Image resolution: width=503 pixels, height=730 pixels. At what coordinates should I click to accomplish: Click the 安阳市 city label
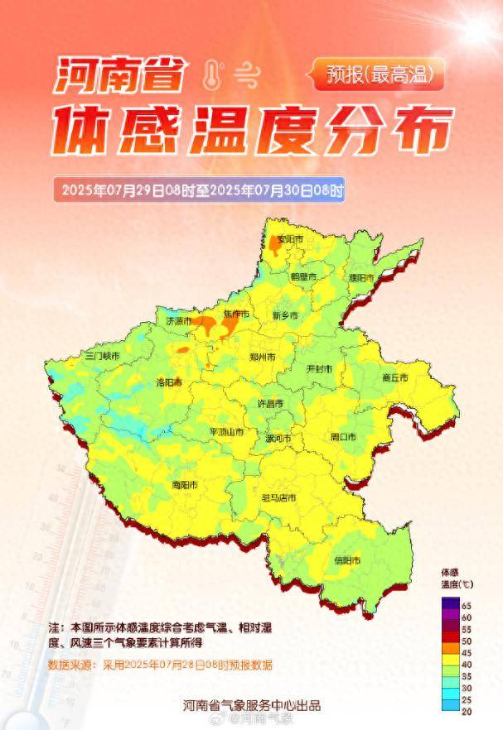[290, 239]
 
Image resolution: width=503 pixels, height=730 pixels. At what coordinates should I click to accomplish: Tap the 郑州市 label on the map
[262, 357]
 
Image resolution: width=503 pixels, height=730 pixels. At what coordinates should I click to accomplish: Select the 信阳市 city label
[347, 560]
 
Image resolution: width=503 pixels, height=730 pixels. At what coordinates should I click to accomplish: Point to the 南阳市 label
[185, 484]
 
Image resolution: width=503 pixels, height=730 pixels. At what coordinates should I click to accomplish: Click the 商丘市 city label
[395, 377]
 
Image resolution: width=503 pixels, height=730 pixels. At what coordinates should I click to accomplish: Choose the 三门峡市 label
[103, 355]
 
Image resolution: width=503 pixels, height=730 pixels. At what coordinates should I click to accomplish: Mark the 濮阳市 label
[361, 277]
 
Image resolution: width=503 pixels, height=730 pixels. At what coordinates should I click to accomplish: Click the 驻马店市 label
[278, 497]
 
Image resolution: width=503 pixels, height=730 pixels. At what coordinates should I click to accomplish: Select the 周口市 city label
[343, 436]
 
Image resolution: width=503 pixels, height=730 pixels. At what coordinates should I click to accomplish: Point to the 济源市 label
[178, 320]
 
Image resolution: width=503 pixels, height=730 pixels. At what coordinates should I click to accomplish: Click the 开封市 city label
[320, 367]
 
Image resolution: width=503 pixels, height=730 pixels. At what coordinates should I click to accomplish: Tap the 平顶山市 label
[225, 432]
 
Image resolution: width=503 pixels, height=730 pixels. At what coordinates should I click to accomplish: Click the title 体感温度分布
[253, 131]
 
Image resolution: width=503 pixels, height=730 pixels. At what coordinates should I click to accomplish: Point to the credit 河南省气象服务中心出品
[252, 705]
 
